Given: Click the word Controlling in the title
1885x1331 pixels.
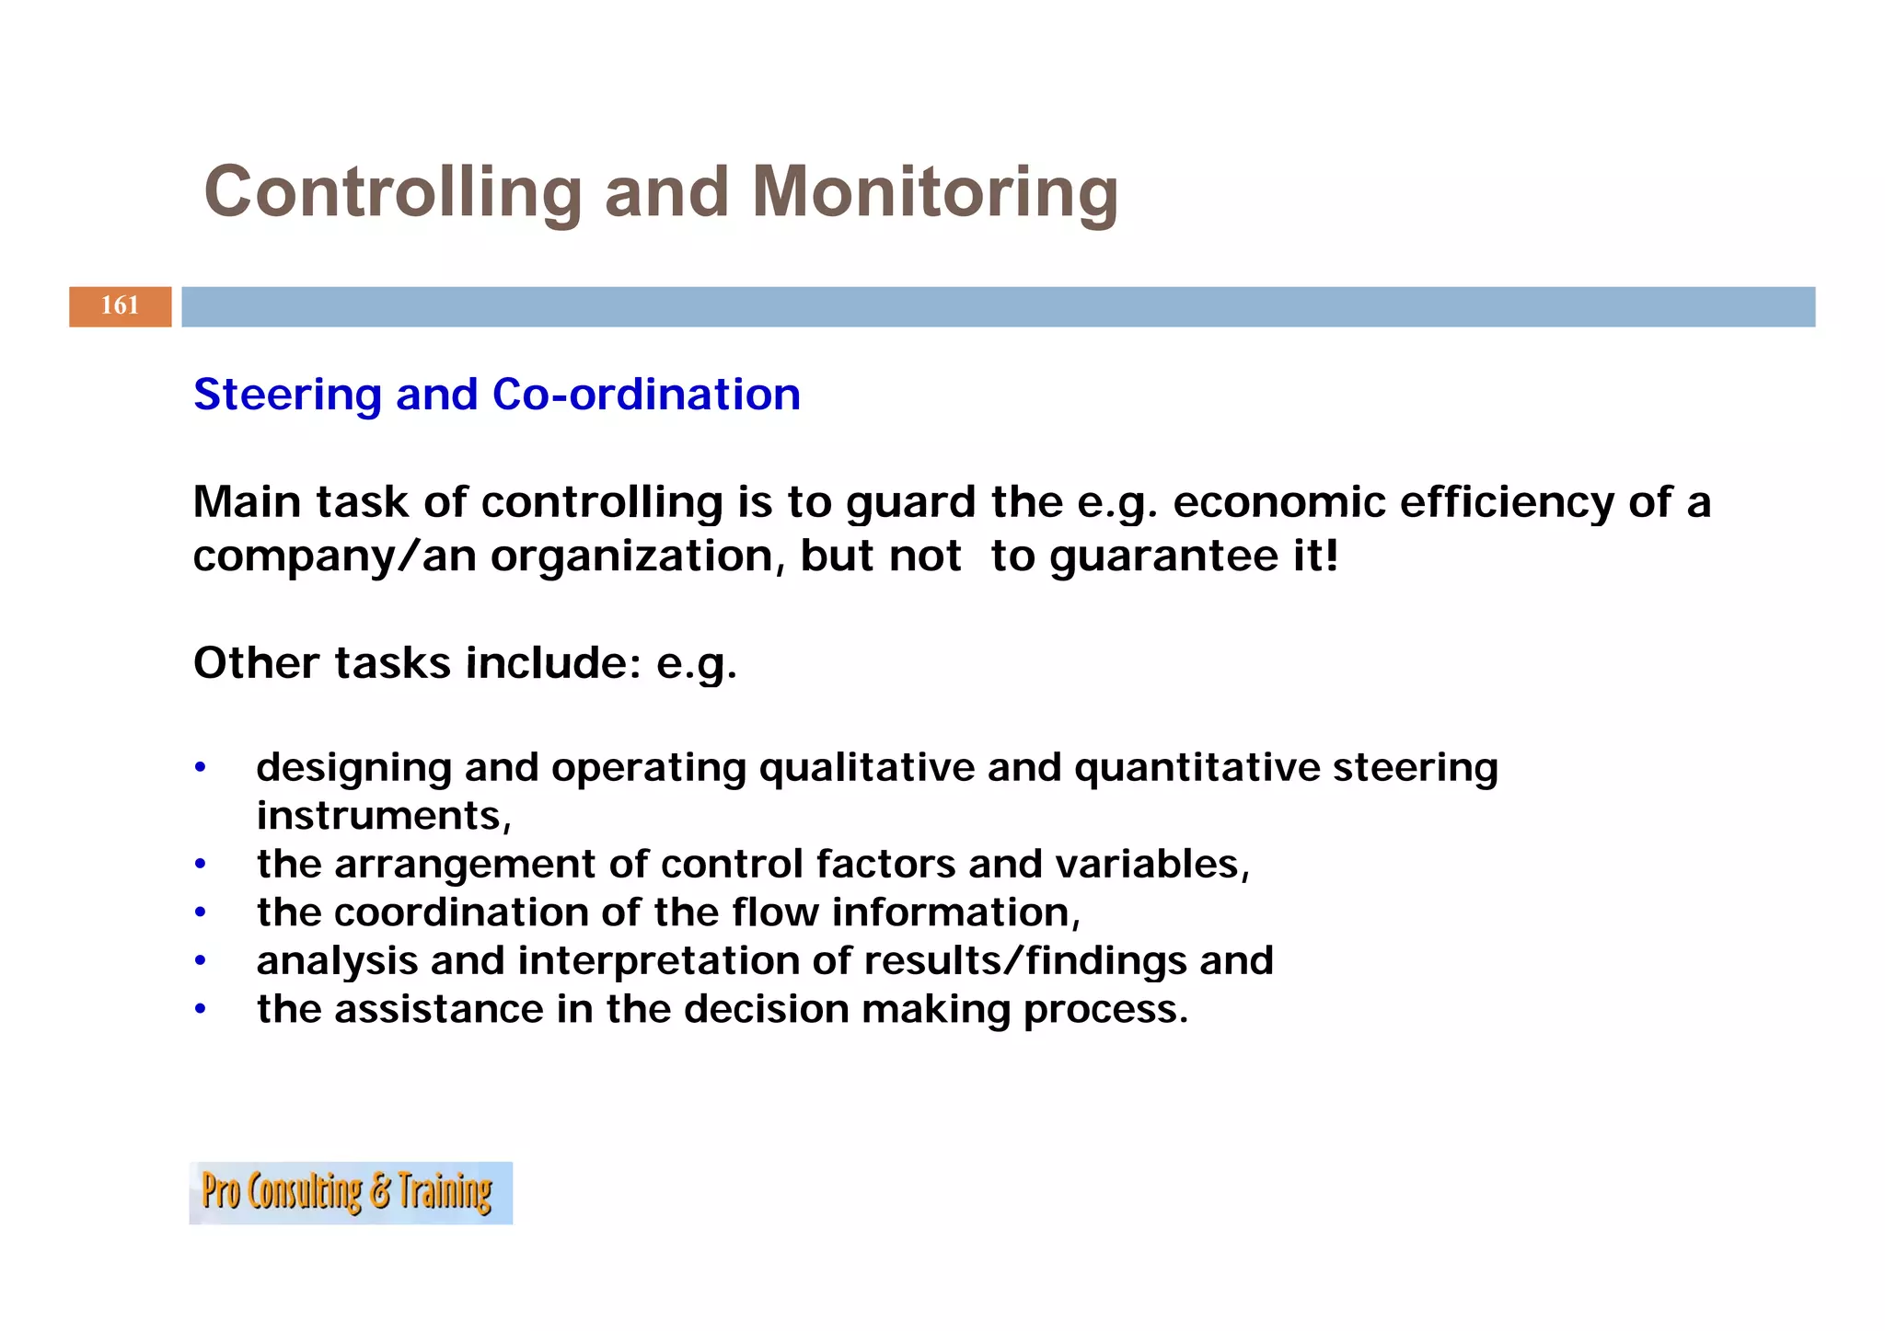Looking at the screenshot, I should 393,192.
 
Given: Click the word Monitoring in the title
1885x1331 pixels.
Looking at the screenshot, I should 934,192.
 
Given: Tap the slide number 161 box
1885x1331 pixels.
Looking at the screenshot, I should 120,306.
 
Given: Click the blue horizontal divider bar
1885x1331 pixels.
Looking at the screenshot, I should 998,306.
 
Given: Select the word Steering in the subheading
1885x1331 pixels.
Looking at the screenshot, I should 287,395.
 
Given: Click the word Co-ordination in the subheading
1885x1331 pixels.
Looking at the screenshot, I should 646,395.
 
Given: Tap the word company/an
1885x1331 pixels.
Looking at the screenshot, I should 334,556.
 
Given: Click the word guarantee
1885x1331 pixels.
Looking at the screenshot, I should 1157,556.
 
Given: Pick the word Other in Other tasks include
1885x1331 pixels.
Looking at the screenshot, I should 257,663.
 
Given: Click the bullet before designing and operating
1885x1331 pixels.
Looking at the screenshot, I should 200,768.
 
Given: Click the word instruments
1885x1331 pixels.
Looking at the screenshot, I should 380,816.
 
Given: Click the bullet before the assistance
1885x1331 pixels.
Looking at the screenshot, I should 200,1010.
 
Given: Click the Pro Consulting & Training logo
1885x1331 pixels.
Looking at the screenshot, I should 350,1193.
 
